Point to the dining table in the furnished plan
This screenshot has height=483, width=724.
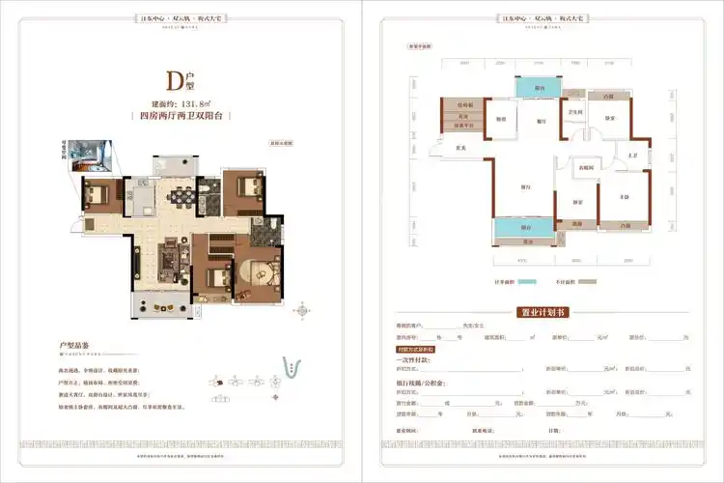coord(180,202)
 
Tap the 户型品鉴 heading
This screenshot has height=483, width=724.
coord(74,345)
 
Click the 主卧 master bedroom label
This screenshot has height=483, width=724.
coord(625,196)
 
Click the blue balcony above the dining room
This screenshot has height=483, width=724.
coord(534,88)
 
